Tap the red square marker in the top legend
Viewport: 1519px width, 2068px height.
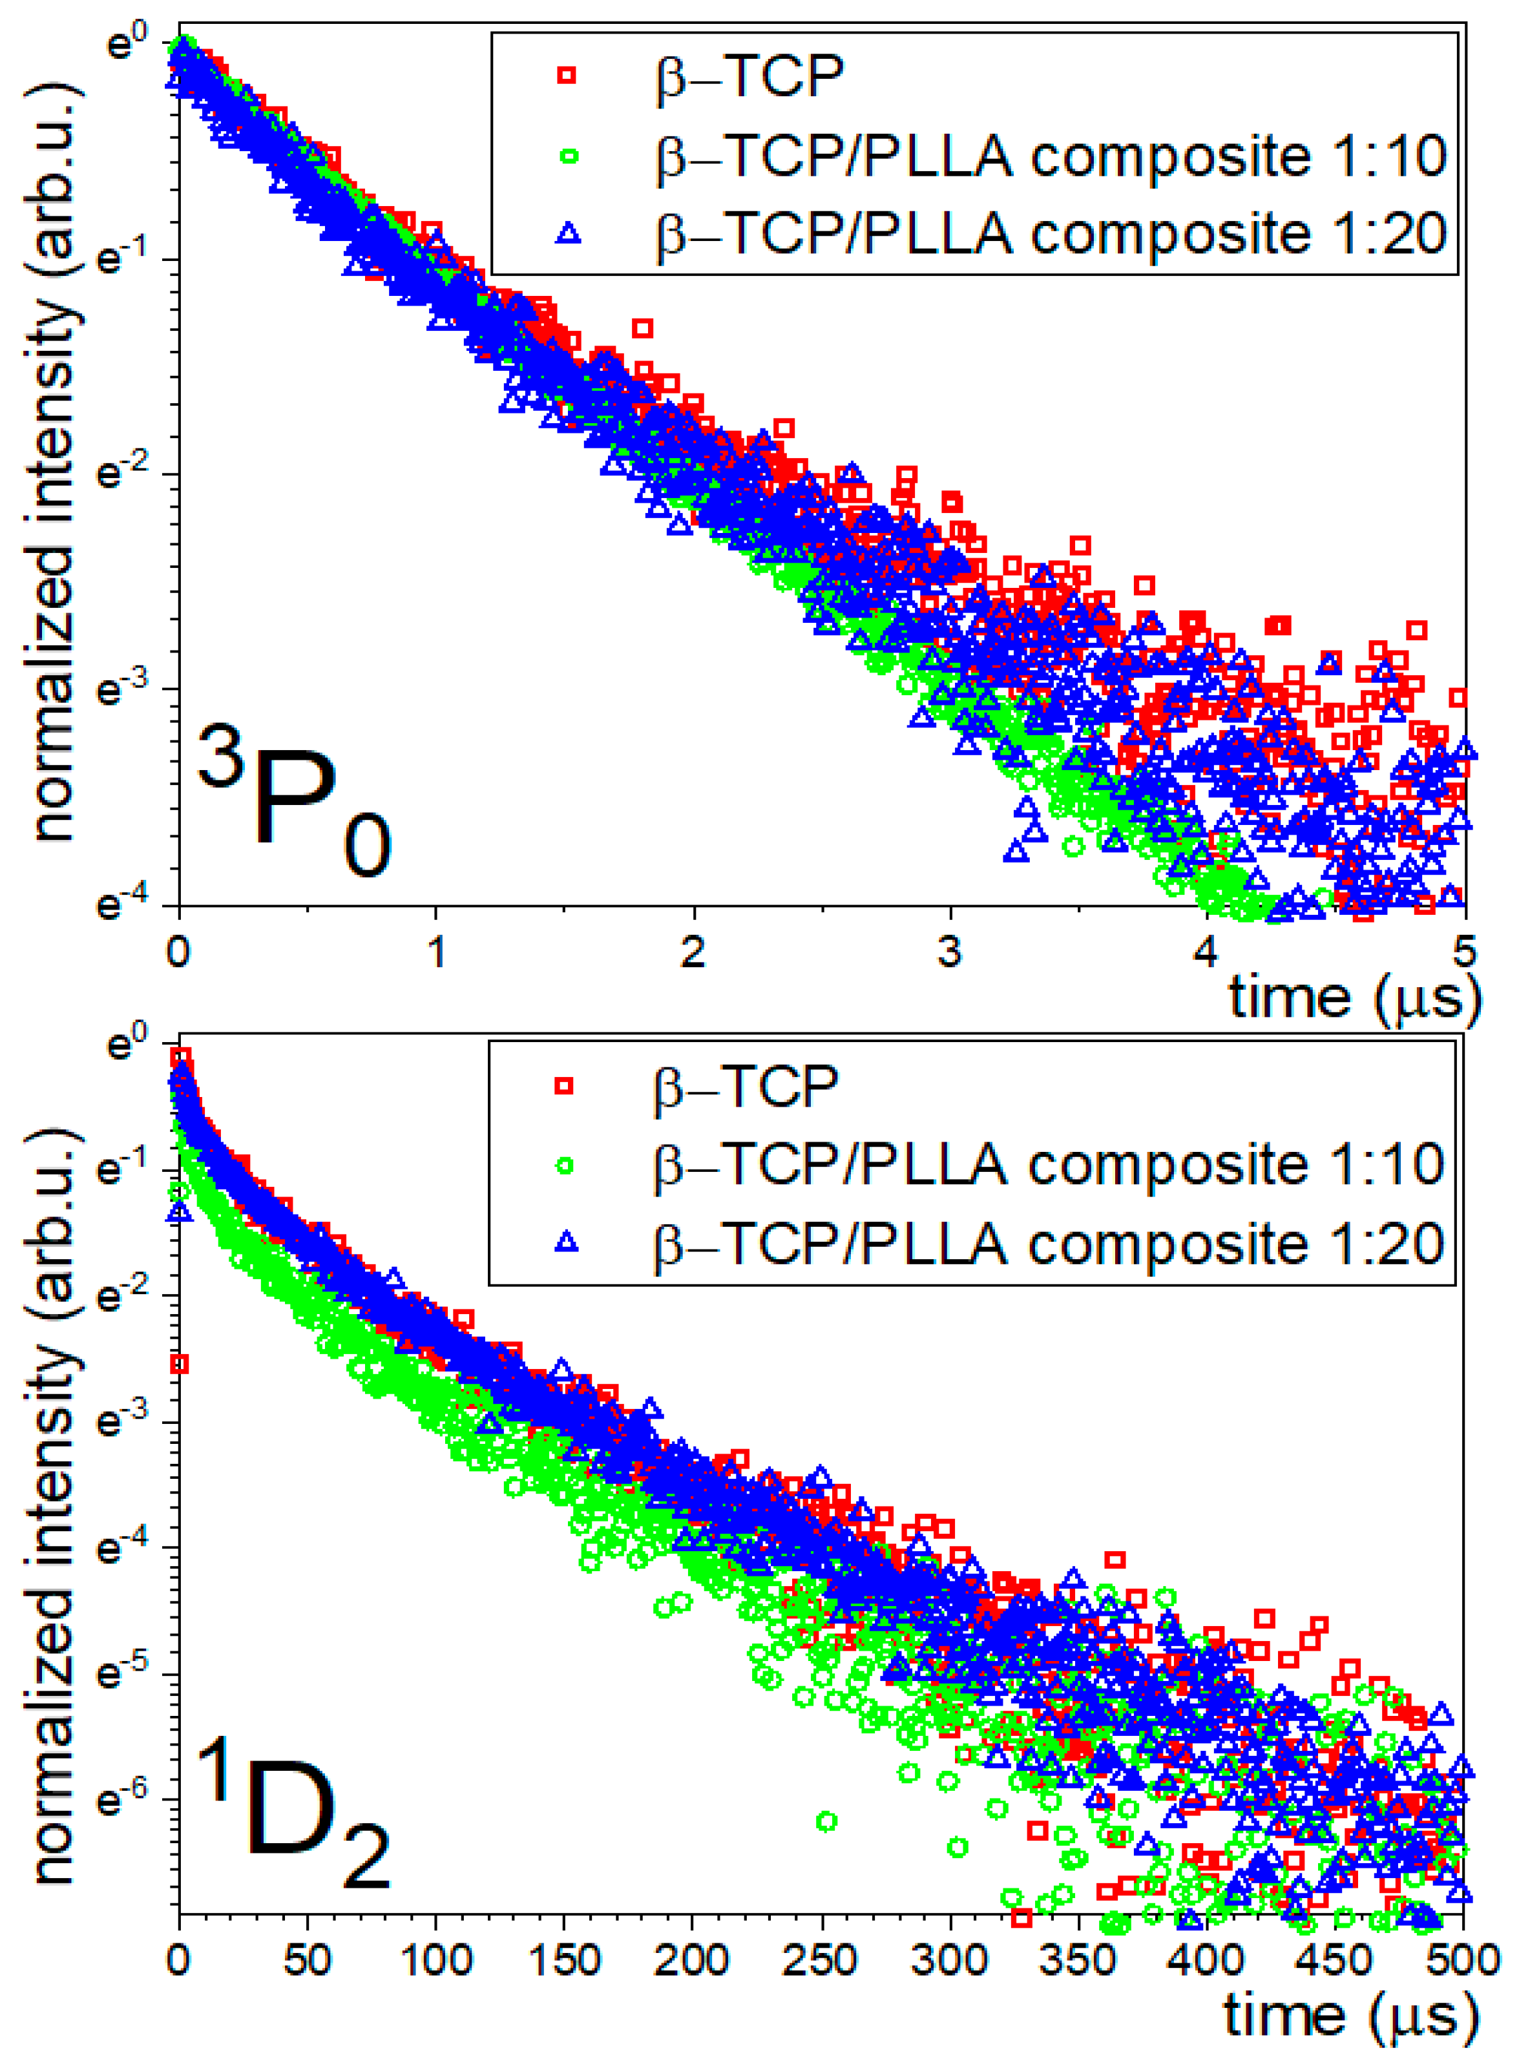click(x=567, y=76)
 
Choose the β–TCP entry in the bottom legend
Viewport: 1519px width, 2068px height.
click(x=746, y=1086)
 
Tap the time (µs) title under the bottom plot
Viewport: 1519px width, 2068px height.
click(x=1351, y=2016)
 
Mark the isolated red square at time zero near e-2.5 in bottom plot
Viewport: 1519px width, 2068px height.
click(x=180, y=1364)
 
